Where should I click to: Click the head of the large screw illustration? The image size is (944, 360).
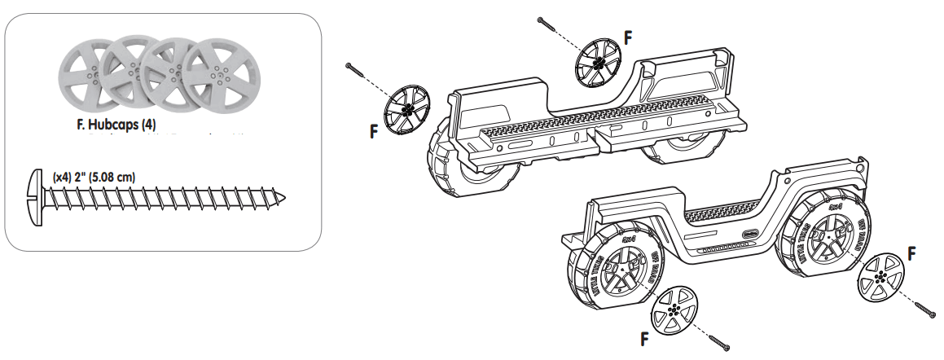[x=36, y=196]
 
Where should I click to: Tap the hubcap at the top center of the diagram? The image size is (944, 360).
[x=598, y=63]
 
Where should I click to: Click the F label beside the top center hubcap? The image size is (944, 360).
[x=627, y=37]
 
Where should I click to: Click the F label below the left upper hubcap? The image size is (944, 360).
[x=375, y=131]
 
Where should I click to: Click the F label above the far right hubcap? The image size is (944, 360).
[x=912, y=253]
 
